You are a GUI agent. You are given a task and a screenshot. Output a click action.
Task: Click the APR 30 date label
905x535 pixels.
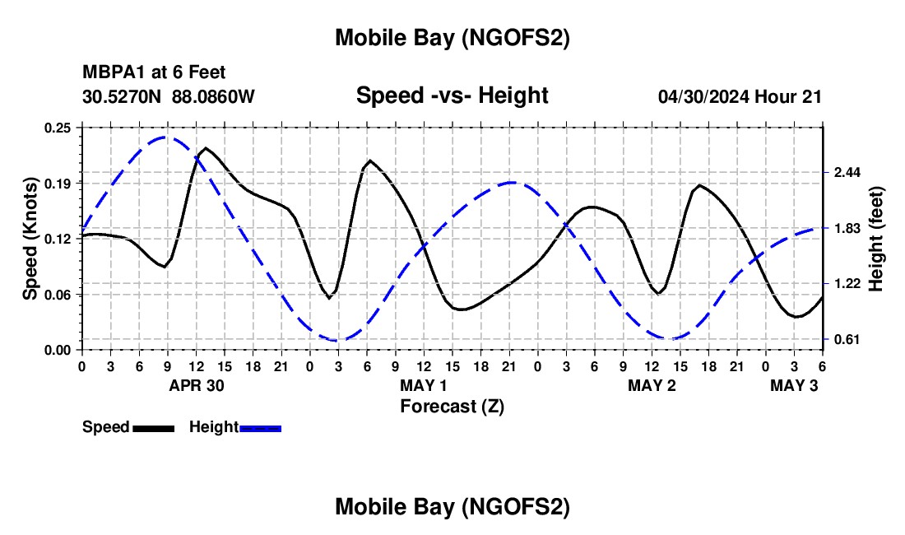[197, 385]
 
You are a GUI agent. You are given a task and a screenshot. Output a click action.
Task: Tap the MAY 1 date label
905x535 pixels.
[424, 385]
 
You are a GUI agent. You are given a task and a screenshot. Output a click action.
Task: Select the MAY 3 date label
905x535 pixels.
[794, 385]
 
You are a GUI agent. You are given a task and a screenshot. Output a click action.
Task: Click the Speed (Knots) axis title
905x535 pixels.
[30, 239]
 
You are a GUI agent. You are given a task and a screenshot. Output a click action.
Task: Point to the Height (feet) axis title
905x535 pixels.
[875, 239]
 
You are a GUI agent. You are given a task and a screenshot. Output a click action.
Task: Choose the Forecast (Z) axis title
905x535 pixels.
[452, 406]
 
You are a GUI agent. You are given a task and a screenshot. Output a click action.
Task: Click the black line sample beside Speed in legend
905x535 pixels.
[153, 428]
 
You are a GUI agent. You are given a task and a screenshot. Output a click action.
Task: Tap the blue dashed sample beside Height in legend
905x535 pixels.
[261, 428]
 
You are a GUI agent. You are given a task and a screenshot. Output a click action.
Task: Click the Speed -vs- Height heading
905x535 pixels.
[452, 95]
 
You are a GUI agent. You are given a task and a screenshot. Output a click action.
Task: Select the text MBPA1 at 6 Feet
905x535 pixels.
[154, 73]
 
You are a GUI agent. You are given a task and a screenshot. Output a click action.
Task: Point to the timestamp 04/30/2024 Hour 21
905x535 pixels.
[740, 97]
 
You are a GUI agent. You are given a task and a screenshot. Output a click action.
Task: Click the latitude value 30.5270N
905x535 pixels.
[123, 97]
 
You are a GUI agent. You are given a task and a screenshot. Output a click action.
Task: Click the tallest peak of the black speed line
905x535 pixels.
[205, 148]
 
